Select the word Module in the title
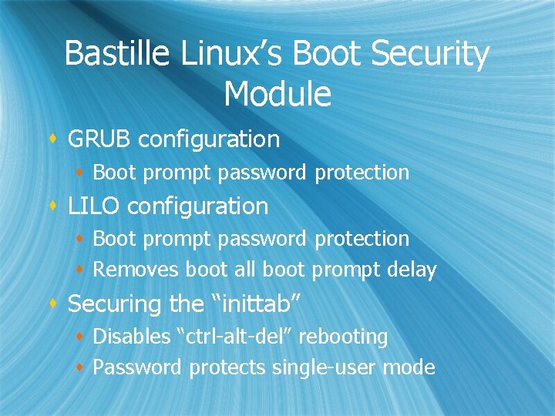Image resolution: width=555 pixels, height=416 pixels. (277, 94)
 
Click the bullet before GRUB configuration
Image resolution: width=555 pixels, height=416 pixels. (53, 139)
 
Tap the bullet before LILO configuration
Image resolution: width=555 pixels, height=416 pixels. (53, 206)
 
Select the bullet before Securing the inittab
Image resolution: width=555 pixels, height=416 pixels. (53, 304)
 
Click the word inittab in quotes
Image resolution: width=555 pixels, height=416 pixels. (254, 304)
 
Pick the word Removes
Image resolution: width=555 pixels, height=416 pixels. (136, 270)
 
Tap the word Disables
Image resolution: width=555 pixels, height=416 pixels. (133, 337)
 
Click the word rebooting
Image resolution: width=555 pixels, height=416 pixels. (343, 337)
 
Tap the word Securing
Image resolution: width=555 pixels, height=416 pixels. (115, 304)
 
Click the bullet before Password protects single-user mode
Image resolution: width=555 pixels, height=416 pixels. (81, 368)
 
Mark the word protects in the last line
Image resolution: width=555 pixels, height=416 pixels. (227, 368)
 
